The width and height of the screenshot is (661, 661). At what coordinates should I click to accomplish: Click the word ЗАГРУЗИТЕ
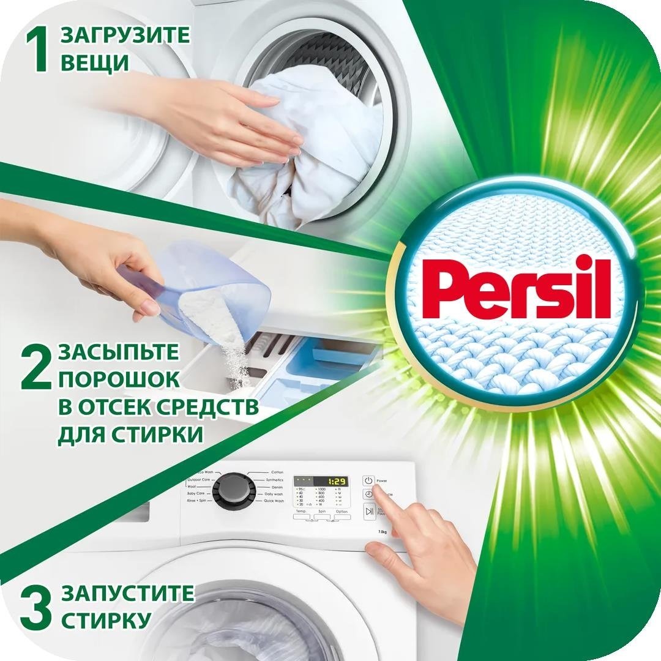click(x=125, y=35)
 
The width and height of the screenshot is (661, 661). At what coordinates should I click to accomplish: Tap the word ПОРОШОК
click(x=119, y=379)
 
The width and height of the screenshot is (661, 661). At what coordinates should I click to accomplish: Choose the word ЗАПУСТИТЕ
click(x=127, y=594)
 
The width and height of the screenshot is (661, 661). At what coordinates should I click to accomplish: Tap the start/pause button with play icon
click(x=368, y=511)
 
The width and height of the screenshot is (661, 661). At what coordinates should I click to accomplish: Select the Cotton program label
click(x=277, y=472)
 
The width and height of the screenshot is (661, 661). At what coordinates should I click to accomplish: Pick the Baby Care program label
click(x=196, y=493)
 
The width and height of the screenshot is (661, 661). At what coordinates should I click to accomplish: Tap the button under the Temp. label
click(x=302, y=517)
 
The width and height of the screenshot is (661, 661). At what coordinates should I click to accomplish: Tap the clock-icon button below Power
click(x=368, y=495)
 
